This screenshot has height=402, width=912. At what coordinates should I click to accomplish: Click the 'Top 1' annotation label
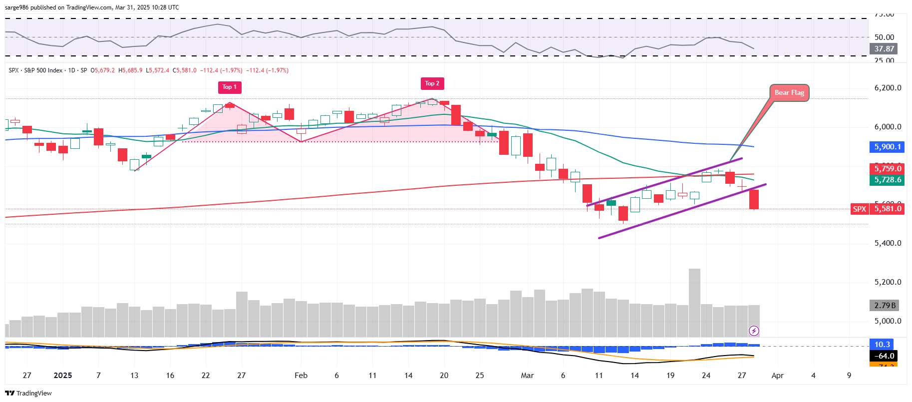pyautogui.click(x=230, y=87)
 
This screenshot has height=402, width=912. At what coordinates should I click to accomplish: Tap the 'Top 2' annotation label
pyautogui.click(x=432, y=83)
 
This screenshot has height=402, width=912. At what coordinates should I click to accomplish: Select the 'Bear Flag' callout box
pyautogui.click(x=789, y=93)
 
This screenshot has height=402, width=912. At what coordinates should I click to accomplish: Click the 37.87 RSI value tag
pyautogui.click(x=884, y=49)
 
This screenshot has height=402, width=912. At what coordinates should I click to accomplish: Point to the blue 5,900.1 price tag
pyautogui.click(x=887, y=147)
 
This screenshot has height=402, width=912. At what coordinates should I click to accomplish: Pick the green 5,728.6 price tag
pyautogui.click(x=887, y=180)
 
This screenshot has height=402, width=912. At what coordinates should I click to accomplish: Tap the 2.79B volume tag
pyautogui.click(x=885, y=305)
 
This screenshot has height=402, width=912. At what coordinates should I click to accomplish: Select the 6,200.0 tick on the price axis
pyautogui.click(x=888, y=88)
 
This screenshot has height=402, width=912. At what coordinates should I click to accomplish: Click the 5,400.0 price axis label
pyautogui.click(x=888, y=243)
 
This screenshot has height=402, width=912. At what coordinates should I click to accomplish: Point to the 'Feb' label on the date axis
pyautogui.click(x=301, y=376)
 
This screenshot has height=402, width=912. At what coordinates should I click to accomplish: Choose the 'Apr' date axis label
pyautogui.click(x=777, y=376)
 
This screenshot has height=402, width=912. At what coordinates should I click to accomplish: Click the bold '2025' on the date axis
pyautogui.click(x=63, y=376)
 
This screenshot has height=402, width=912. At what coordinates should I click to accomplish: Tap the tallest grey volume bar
pyautogui.click(x=694, y=302)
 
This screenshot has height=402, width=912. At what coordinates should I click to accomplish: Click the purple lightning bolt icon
pyautogui.click(x=754, y=331)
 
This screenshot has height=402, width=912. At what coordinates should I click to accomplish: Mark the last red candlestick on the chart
pyautogui.click(x=754, y=199)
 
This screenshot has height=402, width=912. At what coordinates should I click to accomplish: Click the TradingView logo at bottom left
pyautogui.click(x=28, y=393)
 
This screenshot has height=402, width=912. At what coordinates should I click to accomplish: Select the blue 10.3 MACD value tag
pyautogui.click(x=882, y=345)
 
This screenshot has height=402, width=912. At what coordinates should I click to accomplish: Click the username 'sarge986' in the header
pyautogui.click(x=16, y=7)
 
